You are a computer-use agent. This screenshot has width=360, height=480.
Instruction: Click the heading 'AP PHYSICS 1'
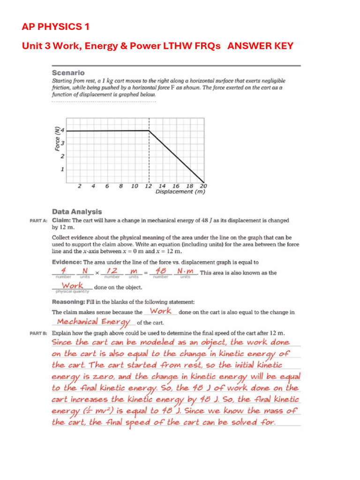pos(55,27)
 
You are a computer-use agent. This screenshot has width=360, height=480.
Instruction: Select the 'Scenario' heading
pos(68,73)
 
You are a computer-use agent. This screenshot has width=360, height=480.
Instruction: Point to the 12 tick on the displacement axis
pos(148,186)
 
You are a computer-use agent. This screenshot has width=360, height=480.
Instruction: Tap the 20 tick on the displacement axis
pos(203,186)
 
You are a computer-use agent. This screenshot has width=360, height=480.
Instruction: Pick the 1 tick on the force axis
pos(63,169)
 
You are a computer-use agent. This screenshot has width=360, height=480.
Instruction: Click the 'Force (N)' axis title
pos(57,139)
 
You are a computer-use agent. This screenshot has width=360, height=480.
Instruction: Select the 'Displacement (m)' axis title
pos(180,192)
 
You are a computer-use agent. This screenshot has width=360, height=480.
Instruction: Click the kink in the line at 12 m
pos(149,131)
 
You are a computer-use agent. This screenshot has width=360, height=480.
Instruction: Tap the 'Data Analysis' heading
pos(76,212)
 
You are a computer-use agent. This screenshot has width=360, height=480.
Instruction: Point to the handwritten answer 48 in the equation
pos(161,271)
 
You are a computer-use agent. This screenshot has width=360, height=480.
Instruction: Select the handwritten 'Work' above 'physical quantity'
pos(72,285)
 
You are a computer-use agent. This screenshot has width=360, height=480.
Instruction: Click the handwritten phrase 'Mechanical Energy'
pos(92,322)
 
